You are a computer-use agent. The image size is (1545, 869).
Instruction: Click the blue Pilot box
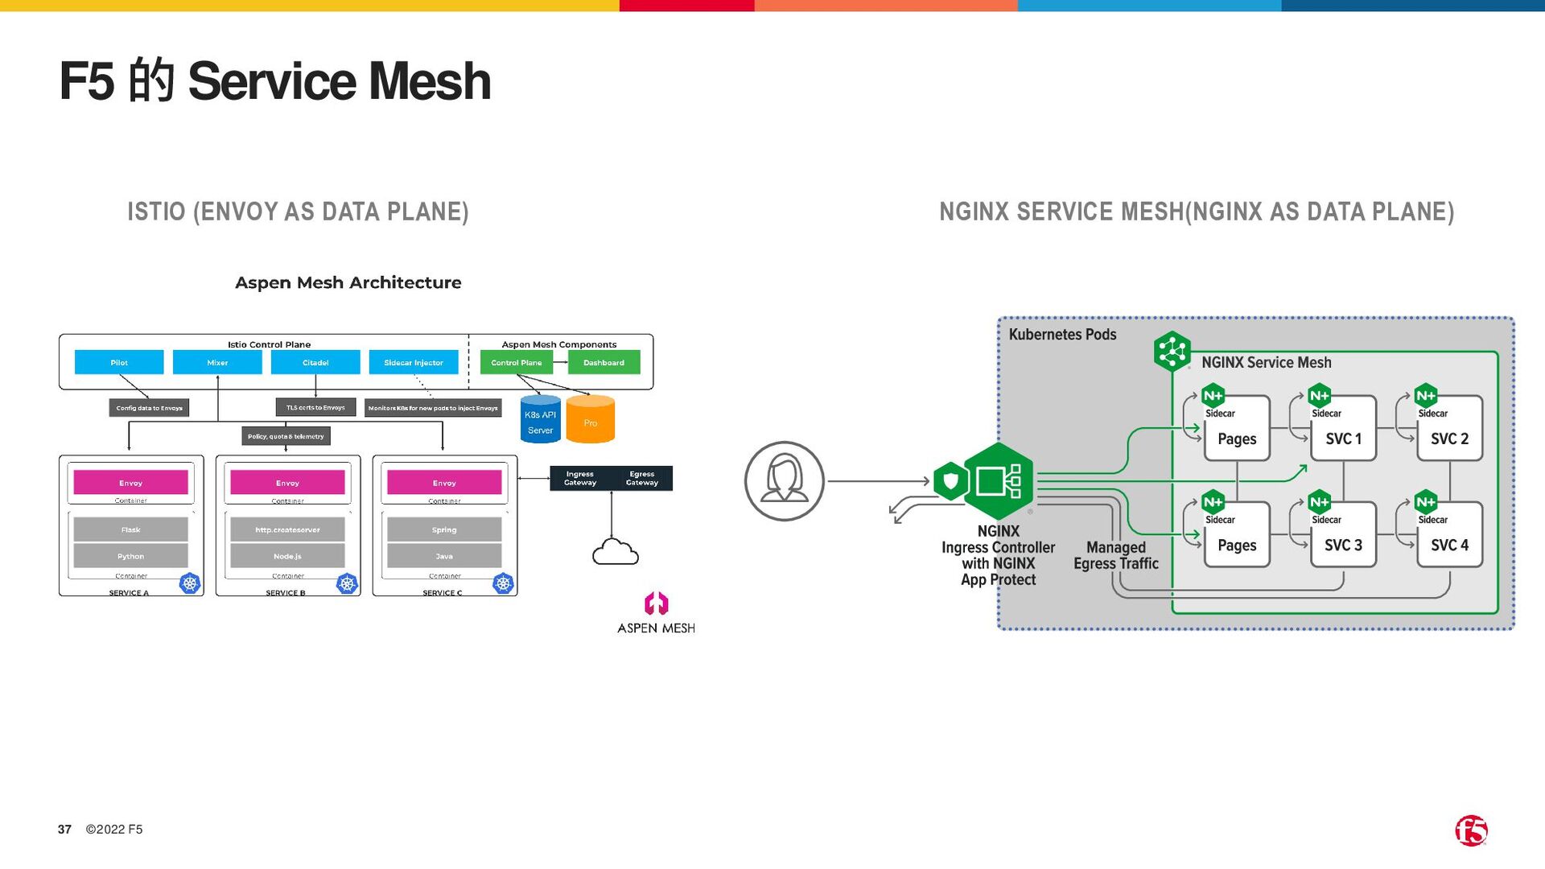[x=119, y=362]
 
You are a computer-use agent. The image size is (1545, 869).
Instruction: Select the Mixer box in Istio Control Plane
[x=217, y=362]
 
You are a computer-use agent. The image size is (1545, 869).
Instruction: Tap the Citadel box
[x=315, y=362]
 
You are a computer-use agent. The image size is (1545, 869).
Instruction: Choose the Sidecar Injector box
[x=414, y=362]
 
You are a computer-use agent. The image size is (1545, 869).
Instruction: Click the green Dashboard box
[x=604, y=362]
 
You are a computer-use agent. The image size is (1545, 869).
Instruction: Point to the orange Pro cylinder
[x=591, y=420]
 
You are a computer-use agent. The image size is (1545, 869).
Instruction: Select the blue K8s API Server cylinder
[x=540, y=420]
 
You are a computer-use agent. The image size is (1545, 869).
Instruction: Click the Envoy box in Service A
[x=130, y=483]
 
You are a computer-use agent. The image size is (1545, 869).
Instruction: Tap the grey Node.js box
[x=287, y=556]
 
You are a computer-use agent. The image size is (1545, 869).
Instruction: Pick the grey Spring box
[x=444, y=529]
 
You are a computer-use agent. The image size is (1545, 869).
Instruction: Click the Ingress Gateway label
[x=580, y=479]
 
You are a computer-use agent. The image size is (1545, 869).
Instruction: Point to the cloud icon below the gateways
[x=615, y=553]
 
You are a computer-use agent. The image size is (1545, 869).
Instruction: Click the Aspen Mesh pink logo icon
[x=657, y=603]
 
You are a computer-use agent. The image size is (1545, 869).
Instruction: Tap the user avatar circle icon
[x=785, y=481]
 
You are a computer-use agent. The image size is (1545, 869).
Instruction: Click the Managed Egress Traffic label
[x=1116, y=555]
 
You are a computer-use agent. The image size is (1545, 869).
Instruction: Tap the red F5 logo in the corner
[x=1471, y=830]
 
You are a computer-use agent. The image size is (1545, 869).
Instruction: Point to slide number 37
[x=64, y=830]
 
